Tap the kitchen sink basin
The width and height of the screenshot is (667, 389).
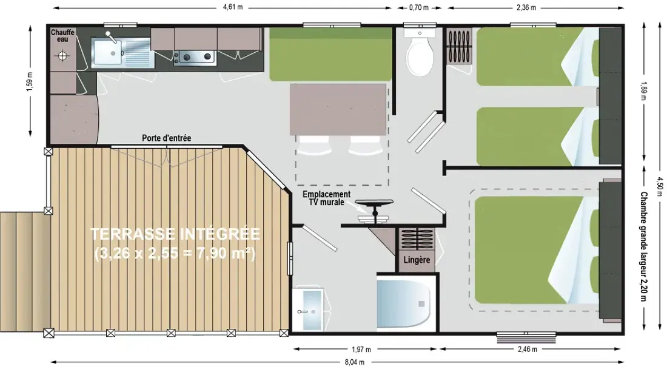(x=106, y=53)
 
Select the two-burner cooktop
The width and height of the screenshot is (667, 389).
(x=196, y=56)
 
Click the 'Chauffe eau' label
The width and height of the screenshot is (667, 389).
(x=62, y=36)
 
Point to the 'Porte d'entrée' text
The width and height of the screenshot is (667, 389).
(x=166, y=138)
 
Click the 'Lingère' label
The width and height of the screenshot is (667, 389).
(x=417, y=260)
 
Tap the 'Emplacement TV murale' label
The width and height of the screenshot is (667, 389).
(x=327, y=198)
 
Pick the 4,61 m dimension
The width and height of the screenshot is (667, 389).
(x=233, y=7)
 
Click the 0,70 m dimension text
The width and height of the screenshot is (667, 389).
(x=418, y=7)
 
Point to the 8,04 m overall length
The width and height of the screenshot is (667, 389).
(x=354, y=362)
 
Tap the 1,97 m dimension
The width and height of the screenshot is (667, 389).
(x=361, y=350)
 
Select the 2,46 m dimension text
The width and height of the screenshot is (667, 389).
(x=527, y=350)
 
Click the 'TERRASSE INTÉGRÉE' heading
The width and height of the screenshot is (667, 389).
(x=175, y=234)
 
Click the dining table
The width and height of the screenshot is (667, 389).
(x=338, y=109)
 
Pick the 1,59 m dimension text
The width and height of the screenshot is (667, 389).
(x=29, y=82)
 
